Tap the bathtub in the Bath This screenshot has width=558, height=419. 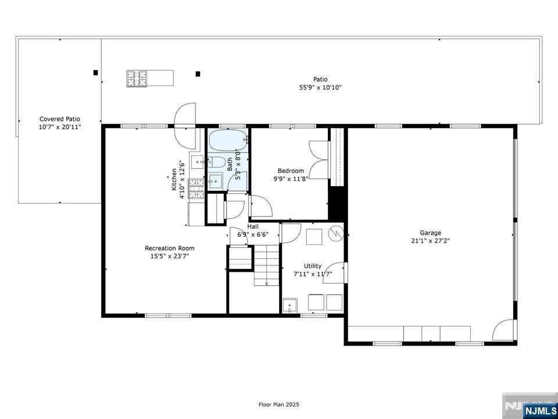click(x=228, y=140)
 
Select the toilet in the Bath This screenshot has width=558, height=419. click(x=217, y=161)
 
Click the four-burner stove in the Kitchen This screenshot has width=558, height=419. click(x=196, y=189)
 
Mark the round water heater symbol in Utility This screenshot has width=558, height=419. click(x=336, y=234)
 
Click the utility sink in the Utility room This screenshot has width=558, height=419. click(x=289, y=305)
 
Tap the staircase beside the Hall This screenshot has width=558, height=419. click(x=267, y=265)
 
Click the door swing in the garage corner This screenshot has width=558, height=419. click(x=504, y=330)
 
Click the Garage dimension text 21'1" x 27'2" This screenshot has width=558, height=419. click(x=431, y=240)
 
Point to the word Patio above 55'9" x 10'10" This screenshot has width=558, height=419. click(x=320, y=79)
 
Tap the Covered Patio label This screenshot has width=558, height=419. click(x=60, y=119)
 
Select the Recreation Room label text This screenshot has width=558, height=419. click(x=170, y=248)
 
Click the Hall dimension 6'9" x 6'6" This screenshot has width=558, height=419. click(x=253, y=235)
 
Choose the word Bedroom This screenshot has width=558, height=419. click(x=291, y=171)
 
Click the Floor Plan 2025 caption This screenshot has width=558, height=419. click(x=279, y=404)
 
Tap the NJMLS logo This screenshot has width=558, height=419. click(x=539, y=411)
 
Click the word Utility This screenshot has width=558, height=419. click(x=313, y=266)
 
